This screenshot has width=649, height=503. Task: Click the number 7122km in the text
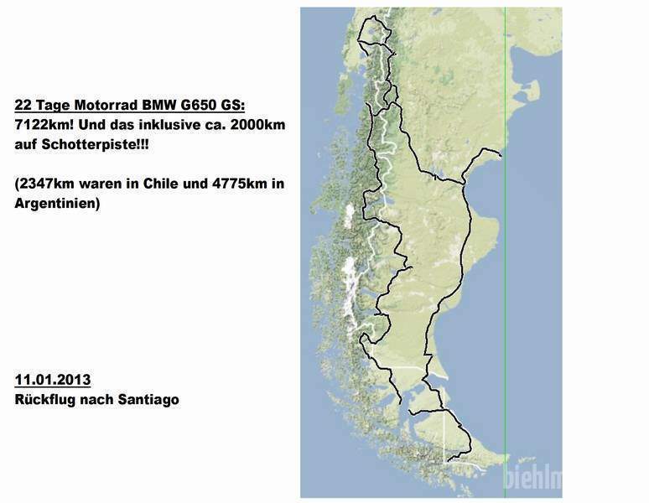point(41,125)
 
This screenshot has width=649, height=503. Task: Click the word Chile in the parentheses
point(173,184)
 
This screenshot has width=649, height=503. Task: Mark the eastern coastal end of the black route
point(501,155)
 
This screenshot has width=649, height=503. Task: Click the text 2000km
point(255,125)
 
